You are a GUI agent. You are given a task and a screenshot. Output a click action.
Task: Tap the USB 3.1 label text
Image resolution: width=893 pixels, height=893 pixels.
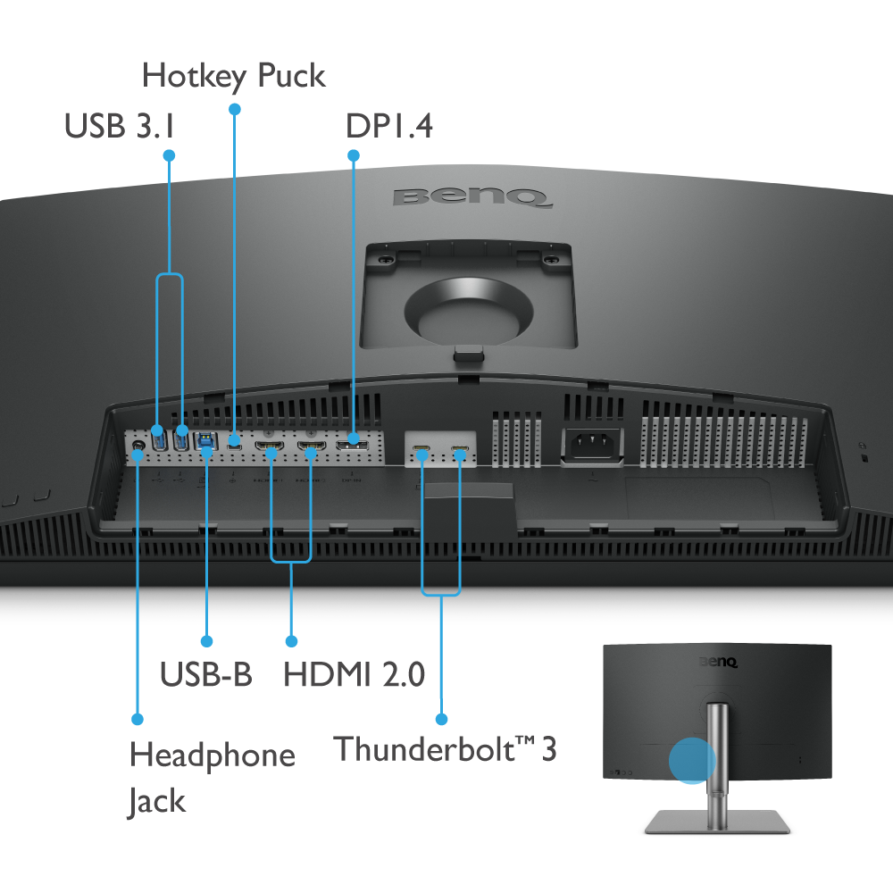tap(118, 127)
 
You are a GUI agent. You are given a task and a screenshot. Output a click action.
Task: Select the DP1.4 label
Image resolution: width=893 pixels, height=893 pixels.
tap(389, 127)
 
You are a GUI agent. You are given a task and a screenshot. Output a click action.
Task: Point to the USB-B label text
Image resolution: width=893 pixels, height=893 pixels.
tap(205, 674)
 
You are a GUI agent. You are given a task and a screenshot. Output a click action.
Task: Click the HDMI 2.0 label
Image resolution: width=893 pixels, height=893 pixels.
tap(354, 674)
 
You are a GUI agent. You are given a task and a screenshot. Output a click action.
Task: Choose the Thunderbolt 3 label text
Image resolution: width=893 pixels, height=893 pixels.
tap(445, 748)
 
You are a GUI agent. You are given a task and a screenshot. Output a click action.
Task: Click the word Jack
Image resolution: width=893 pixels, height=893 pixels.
tap(156, 801)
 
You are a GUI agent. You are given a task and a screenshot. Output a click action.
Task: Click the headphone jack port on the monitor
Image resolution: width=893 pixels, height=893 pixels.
tap(138, 442)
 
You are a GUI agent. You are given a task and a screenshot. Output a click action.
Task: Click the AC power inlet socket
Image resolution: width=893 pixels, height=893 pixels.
tap(590, 444)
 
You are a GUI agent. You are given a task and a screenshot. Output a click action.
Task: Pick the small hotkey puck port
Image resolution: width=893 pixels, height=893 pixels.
tap(235, 440)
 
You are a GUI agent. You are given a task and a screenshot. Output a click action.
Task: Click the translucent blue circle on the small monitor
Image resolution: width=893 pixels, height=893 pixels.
tap(692, 761)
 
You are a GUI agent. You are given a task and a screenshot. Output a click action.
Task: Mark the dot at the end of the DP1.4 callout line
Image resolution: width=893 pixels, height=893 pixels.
tap(354, 155)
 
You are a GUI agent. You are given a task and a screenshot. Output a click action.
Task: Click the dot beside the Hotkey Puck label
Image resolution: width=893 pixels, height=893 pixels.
tap(235, 109)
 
